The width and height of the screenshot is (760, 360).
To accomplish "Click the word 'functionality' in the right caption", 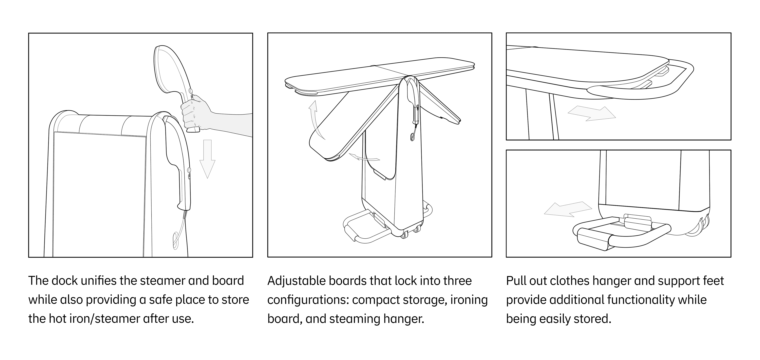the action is pyautogui.click(x=641, y=300).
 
